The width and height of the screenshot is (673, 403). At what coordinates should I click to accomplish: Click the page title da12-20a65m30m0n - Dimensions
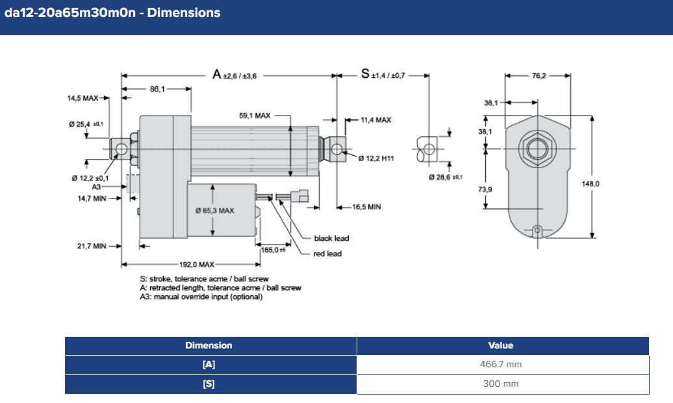112,13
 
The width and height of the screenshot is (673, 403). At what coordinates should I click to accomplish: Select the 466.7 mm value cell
502,365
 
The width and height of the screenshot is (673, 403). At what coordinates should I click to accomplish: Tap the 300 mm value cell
502,384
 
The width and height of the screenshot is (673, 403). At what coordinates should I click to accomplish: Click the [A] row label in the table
209,365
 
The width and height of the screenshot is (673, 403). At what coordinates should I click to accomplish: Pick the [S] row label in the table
209,384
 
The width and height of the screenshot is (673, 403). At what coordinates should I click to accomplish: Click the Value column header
502,346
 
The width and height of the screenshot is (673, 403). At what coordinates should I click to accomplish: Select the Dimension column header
209,346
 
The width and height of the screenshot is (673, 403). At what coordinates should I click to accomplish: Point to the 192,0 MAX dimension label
197,265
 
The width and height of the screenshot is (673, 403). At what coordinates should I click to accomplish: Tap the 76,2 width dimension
539,76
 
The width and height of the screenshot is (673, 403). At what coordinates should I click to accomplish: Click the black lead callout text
331,238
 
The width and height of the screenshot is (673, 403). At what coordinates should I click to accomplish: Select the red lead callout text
327,254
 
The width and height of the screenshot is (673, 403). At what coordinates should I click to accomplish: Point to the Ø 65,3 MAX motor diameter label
214,211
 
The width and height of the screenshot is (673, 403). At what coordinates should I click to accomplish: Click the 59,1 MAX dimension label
255,116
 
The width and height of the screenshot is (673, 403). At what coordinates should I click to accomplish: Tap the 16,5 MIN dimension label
366,207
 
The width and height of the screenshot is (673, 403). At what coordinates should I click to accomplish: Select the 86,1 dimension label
157,89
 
